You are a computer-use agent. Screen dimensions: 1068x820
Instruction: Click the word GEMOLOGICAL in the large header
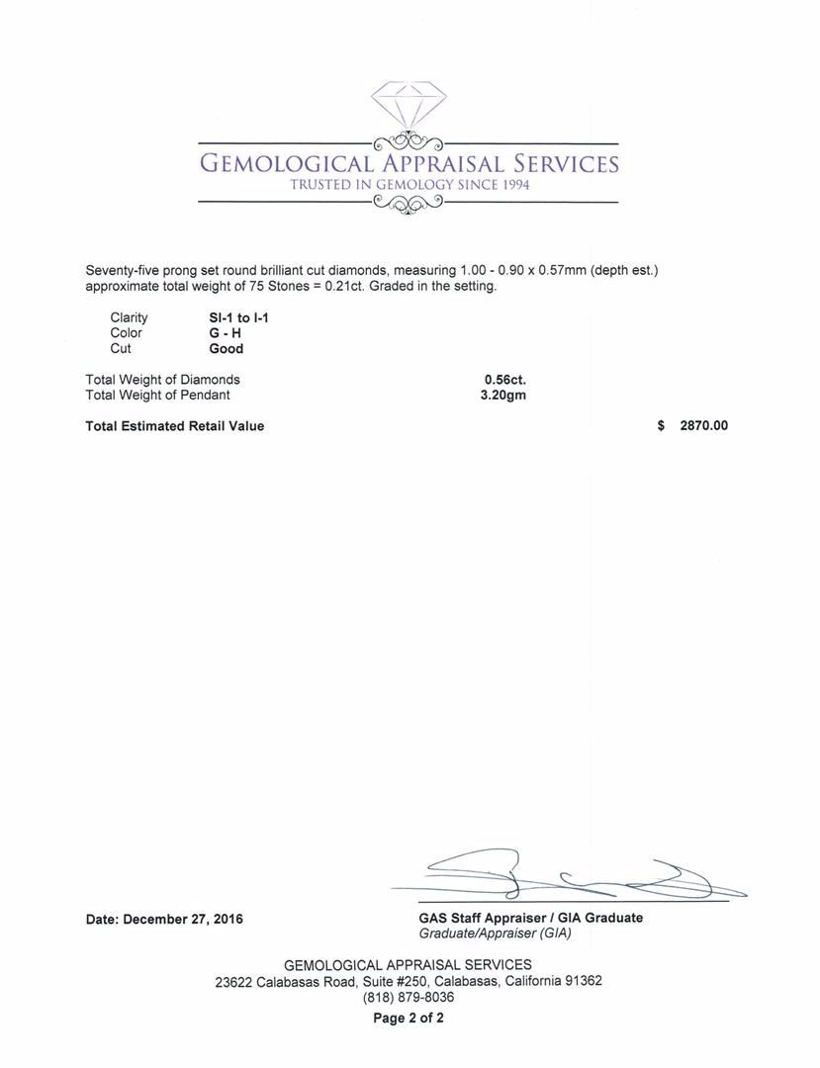(x=286, y=164)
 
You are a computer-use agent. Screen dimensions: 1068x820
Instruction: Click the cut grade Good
(x=226, y=349)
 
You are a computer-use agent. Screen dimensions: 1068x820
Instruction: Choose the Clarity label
(x=129, y=317)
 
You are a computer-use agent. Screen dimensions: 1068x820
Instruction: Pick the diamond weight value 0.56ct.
(x=504, y=380)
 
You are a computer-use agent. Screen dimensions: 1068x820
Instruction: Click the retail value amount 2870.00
(x=704, y=426)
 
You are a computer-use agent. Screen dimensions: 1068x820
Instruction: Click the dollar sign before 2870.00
(x=661, y=426)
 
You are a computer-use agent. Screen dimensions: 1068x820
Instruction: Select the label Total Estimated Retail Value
(x=175, y=426)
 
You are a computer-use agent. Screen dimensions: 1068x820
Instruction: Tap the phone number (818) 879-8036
(x=409, y=998)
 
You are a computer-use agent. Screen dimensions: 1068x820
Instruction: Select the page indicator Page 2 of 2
(x=409, y=1019)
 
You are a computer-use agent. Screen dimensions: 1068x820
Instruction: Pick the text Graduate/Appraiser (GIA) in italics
(x=495, y=934)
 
